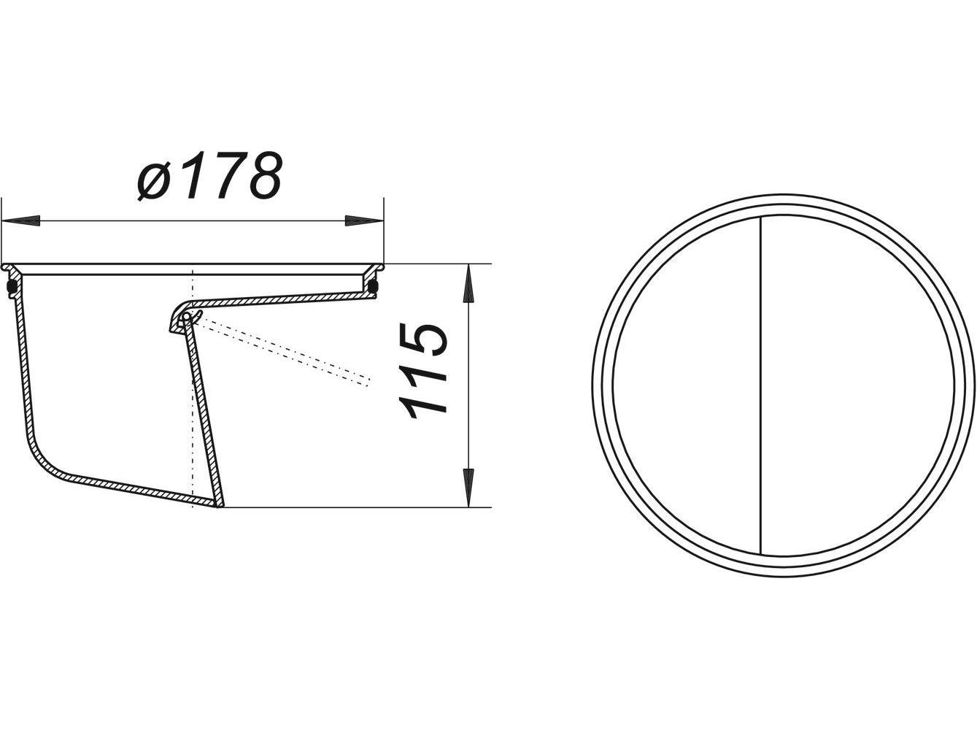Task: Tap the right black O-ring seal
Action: [x=374, y=285]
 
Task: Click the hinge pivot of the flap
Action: [x=188, y=316]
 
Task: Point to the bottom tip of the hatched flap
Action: [x=220, y=503]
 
